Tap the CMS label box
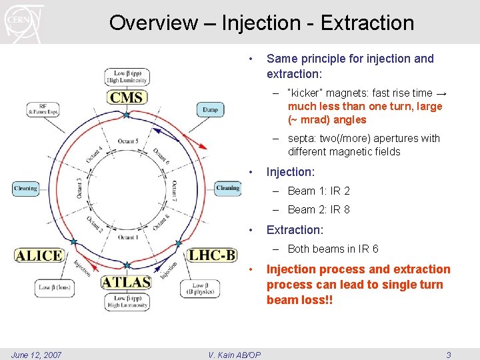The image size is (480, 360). pyautogui.click(x=127, y=97)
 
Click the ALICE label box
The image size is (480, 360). pyautogui.click(x=39, y=255)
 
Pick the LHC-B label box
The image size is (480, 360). pyautogui.click(x=212, y=255)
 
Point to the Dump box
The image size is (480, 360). pyautogui.click(x=210, y=109)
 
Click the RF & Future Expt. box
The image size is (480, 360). pyautogui.click(x=43, y=109)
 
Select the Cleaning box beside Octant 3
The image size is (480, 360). pyautogui.click(x=25, y=189)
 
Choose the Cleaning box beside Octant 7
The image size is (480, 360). pyautogui.click(x=227, y=188)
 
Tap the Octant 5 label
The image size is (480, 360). pyautogui.click(x=127, y=141)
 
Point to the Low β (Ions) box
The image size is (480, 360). pyautogui.click(x=54, y=287)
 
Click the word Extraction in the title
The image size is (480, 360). pyautogui.click(x=367, y=23)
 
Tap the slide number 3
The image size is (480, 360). pyautogui.click(x=449, y=355)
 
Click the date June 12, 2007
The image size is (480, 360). pyautogui.click(x=37, y=355)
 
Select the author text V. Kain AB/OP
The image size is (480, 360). pyautogui.click(x=234, y=355)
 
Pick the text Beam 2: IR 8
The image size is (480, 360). pyautogui.click(x=319, y=209)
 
